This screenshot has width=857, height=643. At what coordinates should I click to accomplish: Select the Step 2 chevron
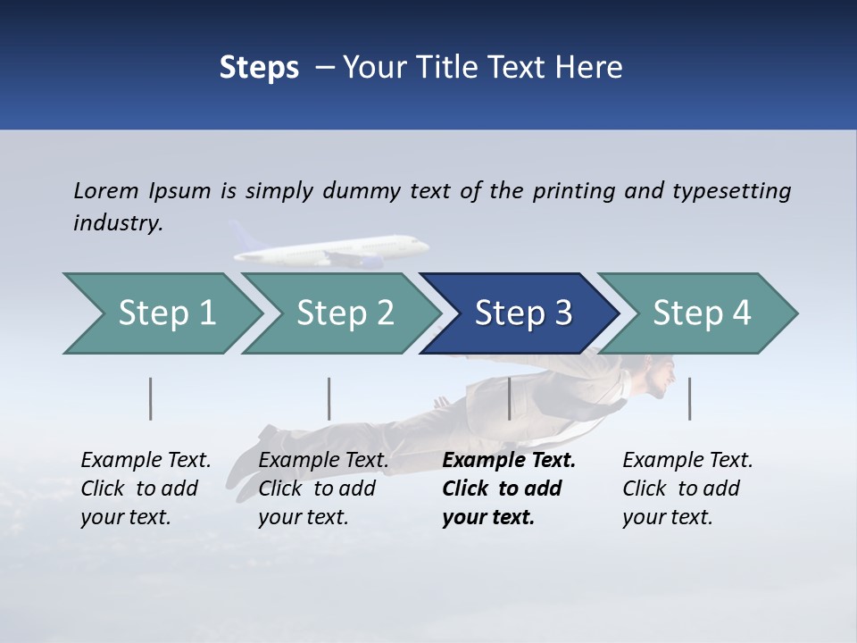point(345,313)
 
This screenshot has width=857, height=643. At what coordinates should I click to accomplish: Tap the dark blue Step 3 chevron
point(522,313)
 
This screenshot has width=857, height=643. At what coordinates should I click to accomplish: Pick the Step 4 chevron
point(701,313)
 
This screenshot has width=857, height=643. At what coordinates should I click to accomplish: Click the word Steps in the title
point(259,67)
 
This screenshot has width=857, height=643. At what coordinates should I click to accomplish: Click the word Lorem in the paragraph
point(106,190)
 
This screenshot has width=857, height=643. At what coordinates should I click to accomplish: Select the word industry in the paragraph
point(117,222)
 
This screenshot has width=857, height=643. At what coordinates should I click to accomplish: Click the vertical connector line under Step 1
point(151,398)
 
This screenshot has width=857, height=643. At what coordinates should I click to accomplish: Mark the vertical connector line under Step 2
point(329,398)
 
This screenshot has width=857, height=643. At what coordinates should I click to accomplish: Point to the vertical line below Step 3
point(509,398)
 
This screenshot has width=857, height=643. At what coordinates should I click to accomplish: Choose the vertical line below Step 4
point(689,398)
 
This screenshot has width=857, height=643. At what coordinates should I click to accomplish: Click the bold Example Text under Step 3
point(509,461)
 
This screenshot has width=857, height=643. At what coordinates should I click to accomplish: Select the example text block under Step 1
point(146,489)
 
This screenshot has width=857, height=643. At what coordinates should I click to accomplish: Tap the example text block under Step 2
point(323,489)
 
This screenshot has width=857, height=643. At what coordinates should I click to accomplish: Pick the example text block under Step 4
point(687,489)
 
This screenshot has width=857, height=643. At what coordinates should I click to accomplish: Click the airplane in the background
point(339,250)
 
